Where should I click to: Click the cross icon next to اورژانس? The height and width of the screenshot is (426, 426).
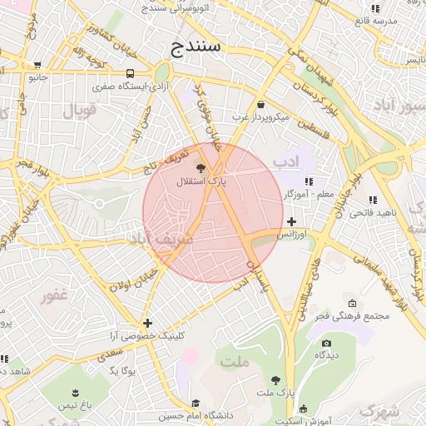[x=291, y=221]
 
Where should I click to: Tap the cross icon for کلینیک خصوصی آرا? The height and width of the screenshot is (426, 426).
[x=147, y=323]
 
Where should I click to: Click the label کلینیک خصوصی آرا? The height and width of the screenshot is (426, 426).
[x=147, y=336]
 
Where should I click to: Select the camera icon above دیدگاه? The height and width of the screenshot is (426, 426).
[x=326, y=342]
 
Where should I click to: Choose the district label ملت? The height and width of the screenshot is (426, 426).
[x=235, y=360]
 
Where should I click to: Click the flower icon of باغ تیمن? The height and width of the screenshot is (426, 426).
[x=77, y=391]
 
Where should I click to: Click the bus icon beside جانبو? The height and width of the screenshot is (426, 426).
[x=38, y=65]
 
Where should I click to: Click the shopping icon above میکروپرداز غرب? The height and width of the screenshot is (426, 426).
[x=262, y=105]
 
